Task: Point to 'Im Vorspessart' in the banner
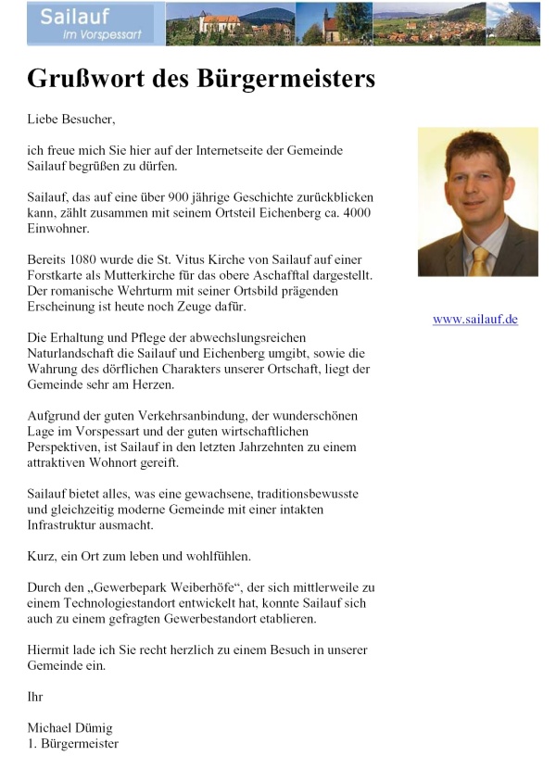coord(83,34)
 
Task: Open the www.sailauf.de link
coord(474,320)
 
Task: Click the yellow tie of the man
coord(478,261)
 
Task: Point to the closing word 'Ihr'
coord(35,697)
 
